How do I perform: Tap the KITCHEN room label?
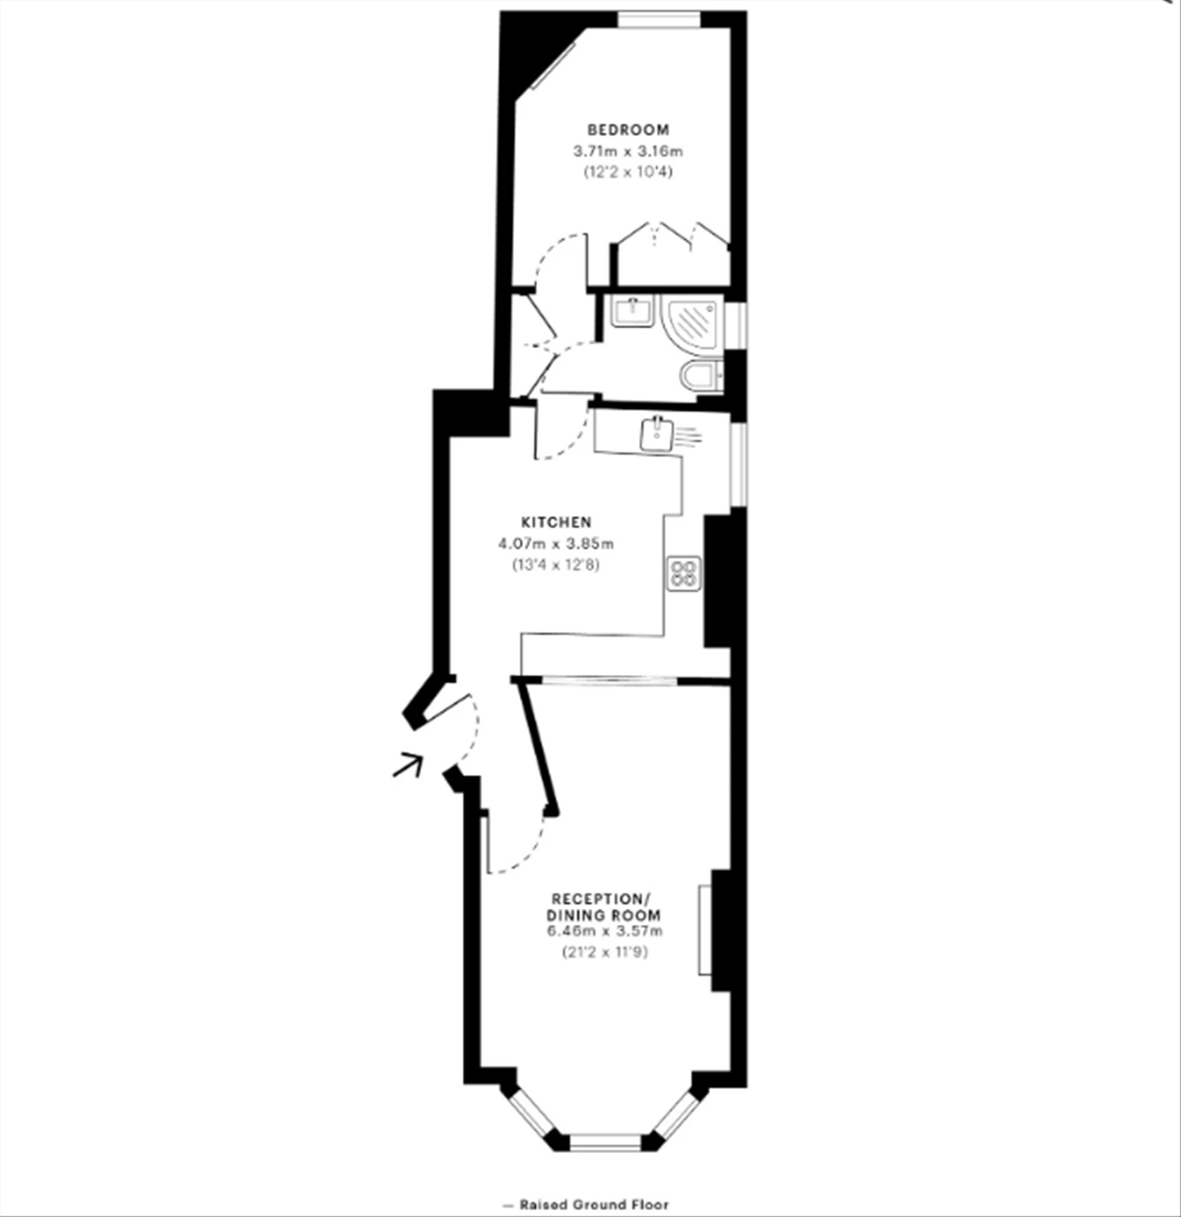556,522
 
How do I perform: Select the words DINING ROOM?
604,915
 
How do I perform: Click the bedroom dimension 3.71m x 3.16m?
628,151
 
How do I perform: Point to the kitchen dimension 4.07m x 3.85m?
556,544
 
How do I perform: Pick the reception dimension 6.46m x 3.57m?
604,932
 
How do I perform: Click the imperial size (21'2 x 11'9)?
605,952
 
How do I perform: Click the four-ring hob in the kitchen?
685,573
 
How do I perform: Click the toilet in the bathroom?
702,375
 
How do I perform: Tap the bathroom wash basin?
633,310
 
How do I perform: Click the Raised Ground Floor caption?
587,1205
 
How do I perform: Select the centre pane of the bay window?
605,1142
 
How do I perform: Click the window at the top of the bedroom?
659,20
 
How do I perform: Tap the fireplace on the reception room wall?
705,930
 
